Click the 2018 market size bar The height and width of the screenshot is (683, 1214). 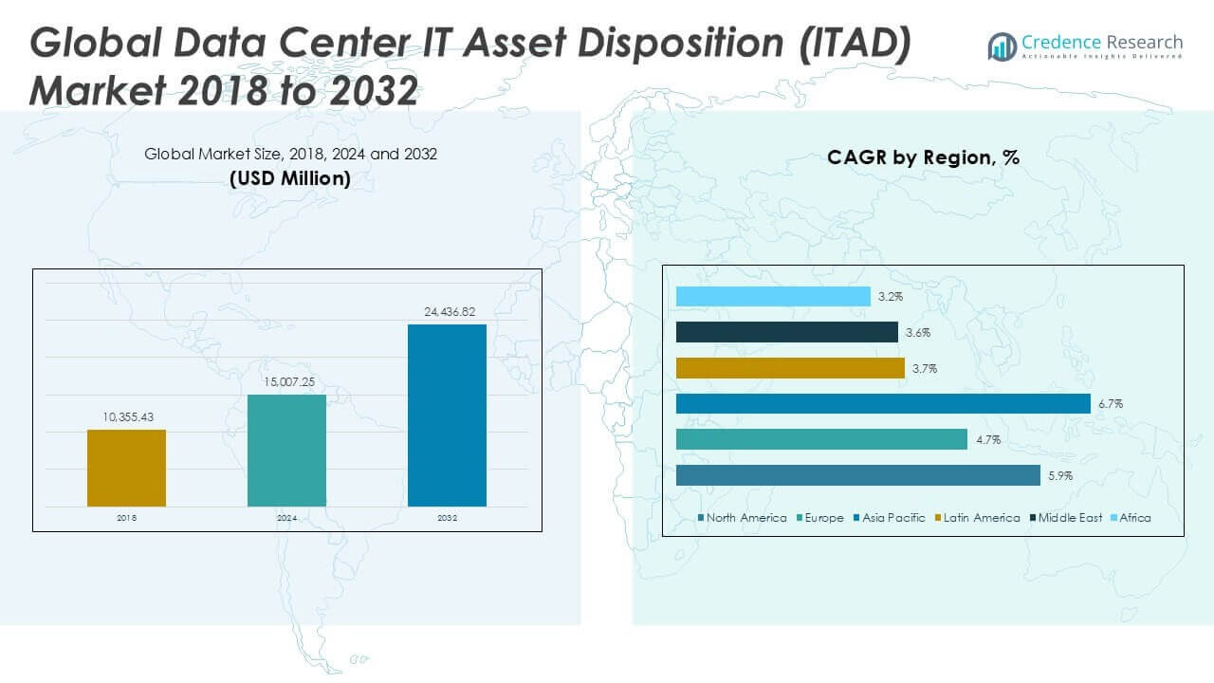126,468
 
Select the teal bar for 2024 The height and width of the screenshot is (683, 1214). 286,451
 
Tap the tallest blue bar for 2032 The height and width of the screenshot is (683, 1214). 447,415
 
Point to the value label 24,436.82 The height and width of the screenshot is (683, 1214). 447,311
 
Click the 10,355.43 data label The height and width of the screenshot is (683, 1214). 126,416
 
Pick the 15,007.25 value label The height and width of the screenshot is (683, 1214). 286,381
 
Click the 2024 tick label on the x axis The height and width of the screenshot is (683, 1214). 286,519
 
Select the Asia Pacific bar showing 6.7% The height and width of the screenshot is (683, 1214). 883,404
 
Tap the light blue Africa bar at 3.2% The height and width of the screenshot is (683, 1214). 773,297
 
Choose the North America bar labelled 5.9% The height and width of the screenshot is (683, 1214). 858,475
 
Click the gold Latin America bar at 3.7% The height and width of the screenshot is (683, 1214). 790,368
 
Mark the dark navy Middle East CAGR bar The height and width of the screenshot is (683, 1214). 787,332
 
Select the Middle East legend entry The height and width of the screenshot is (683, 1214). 1068,518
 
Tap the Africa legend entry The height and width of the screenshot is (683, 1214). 1134,518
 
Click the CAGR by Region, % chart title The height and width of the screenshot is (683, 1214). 923,157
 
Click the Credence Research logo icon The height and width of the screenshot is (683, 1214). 1002,46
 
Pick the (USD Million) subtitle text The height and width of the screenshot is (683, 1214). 290,178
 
